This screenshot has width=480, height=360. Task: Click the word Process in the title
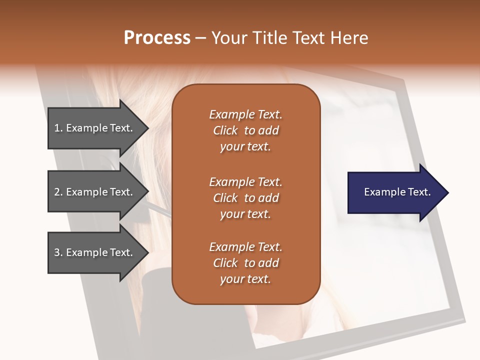pos(157,38)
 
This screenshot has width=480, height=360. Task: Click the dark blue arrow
pos(395,192)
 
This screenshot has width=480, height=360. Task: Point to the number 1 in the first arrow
pos(57,128)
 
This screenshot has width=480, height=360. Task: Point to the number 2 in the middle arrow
pos(57,192)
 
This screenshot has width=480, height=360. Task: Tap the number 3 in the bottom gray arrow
pos(57,252)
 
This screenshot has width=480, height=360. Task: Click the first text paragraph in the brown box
pos(245,130)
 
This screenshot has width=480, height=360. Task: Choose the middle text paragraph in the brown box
pos(245,198)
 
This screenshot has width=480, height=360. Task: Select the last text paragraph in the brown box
pos(245,263)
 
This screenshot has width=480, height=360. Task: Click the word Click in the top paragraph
pos(225,130)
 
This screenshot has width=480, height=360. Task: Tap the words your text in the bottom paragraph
pos(245,279)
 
